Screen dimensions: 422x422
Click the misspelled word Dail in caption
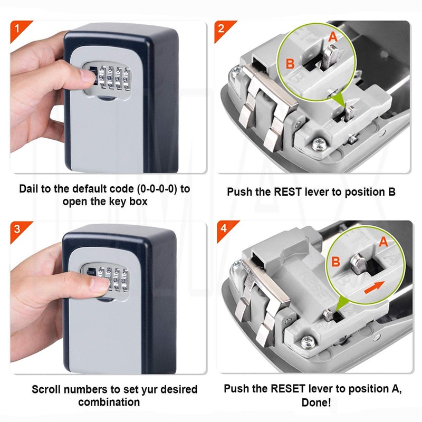pyautogui.click(x=30, y=189)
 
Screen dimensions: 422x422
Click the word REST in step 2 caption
pyautogui.click(x=286, y=191)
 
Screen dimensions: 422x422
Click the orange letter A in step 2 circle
pyautogui.click(x=332, y=37)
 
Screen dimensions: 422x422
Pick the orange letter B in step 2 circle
pyautogui.click(x=290, y=64)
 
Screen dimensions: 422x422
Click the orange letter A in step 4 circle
pyautogui.click(x=383, y=242)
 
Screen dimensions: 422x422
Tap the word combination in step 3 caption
pyautogui.click(x=109, y=402)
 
